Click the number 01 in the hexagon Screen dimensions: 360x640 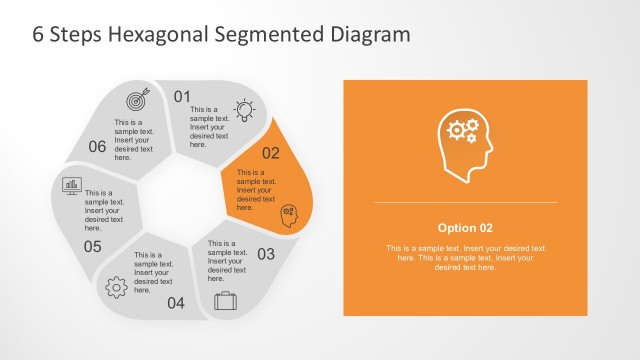[x=182, y=97]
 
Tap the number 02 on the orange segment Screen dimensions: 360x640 [x=271, y=153]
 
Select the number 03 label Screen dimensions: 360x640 [x=266, y=254]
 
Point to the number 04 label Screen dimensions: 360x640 [x=176, y=303]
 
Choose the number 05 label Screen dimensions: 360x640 [x=93, y=246]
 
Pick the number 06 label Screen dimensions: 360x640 [x=97, y=147]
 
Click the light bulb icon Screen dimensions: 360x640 [x=244, y=109]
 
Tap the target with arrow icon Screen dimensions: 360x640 [x=136, y=100]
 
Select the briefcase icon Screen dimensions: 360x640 [x=225, y=299]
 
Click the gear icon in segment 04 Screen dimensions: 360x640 [x=116, y=287]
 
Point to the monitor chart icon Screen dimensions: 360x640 [x=72, y=185]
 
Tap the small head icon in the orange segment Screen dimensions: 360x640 [x=289, y=213]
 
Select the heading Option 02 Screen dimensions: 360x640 [x=465, y=227]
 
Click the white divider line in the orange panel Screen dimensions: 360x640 [x=465, y=203]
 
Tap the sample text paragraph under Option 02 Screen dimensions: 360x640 [x=465, y=257]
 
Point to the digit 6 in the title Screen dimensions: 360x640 [x=39, y=35]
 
